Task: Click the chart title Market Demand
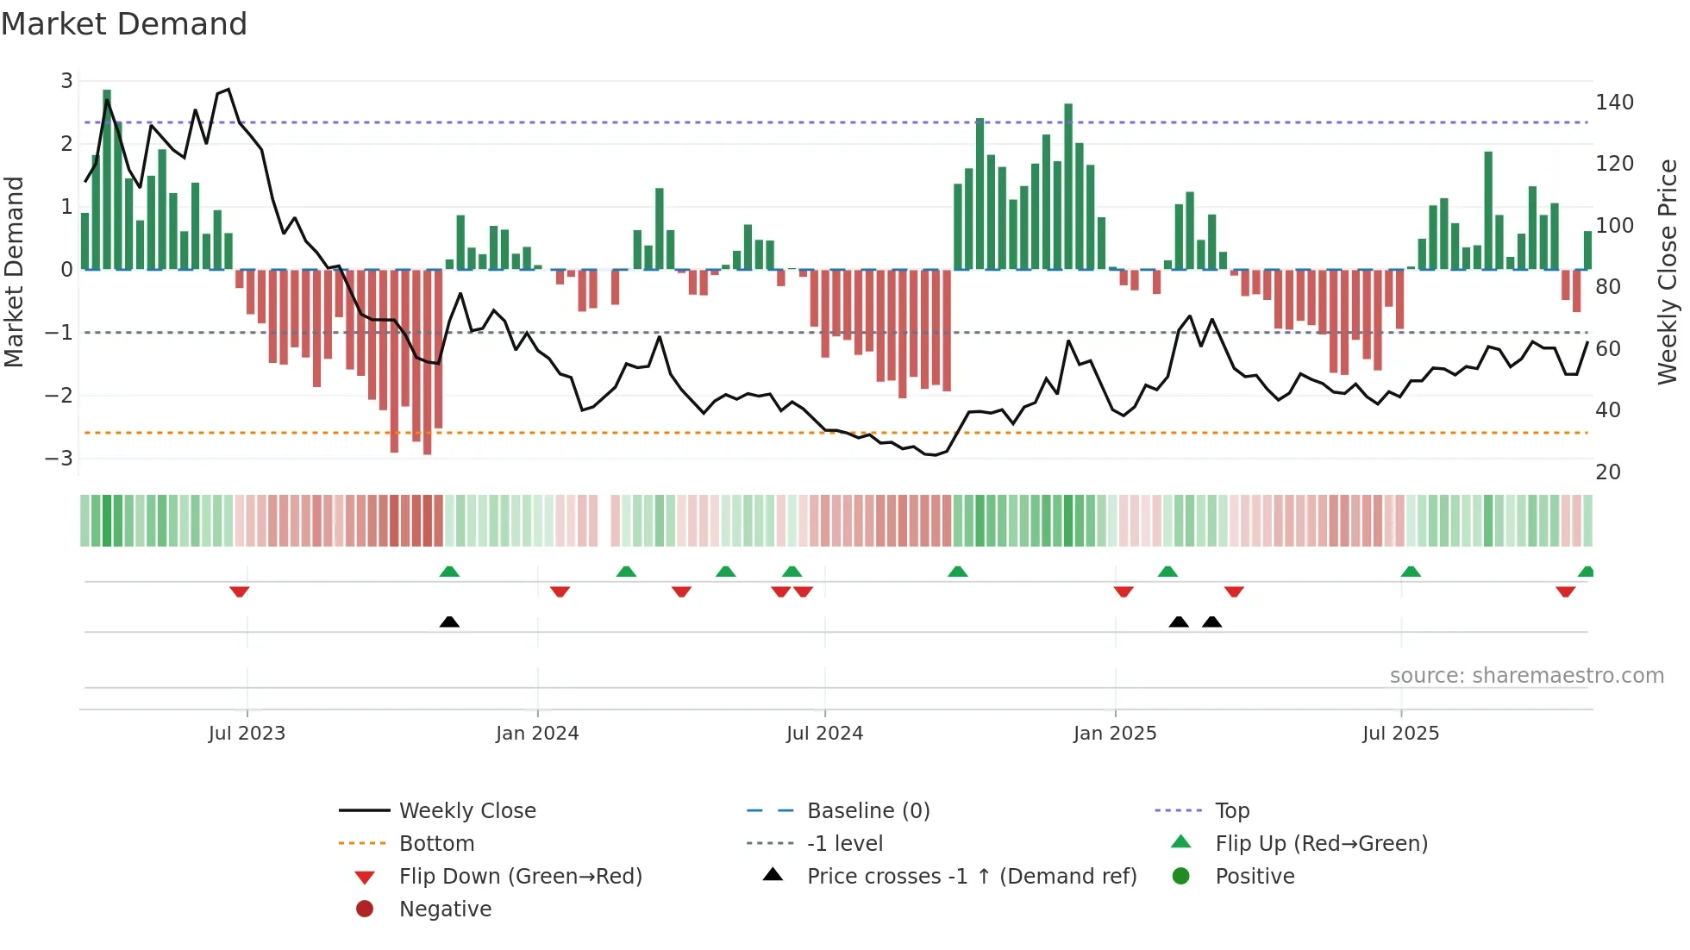(124, 24)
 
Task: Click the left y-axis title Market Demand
(15, 272)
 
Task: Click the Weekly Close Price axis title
(1668, 272)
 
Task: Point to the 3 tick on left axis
(66, 81)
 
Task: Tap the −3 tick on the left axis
(59, 458)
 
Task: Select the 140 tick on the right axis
(1614, 103)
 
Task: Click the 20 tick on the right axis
(1607, 472)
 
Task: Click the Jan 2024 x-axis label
(537, 734)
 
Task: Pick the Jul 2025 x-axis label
(1400, 734)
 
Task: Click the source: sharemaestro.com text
(1526, 676)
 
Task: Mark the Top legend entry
(1232, 810)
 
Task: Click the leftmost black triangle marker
(449, 622)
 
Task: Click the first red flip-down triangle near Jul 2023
(240, 591)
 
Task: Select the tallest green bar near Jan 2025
(1068, 185)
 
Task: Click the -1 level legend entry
(844, 843)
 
